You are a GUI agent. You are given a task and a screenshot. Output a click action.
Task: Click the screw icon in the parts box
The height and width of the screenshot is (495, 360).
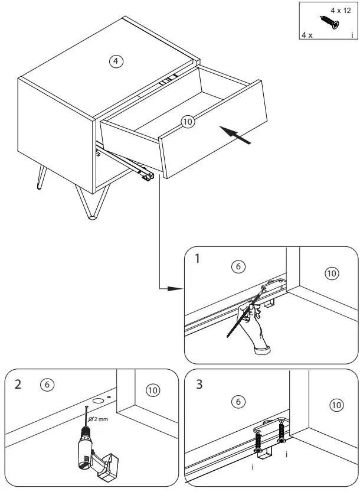pyautogui.click(x=328, y=22)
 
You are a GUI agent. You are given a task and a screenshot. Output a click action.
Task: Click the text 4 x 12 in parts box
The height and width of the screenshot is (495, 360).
pyautogui.click(x=340, y=11)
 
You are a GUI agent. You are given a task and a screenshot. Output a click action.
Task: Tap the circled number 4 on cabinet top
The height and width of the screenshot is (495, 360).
pyautogui.click(x=117, y=61)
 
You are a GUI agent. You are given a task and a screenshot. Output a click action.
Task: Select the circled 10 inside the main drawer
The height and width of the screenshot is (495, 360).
pyautogui.click(x=188, y=122)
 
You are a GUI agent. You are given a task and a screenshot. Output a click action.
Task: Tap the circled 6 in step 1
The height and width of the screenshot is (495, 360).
pyautogui.click(x=238, y=267)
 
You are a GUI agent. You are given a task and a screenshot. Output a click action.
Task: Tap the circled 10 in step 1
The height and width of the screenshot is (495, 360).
pyautogui.click(x=332, y=273)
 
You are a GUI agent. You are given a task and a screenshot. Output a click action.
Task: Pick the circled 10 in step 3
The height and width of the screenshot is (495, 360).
pyautogui.click(x=335, y=405)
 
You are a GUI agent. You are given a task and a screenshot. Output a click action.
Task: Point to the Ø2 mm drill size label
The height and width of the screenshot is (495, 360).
pyautogui.click(x=98, y=419)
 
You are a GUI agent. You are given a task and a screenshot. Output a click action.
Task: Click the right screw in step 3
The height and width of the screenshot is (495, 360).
pyautogui.click(x=282, y=429)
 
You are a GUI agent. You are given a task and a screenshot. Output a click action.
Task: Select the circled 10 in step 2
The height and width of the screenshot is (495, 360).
pyautogui.click(x=152, y=390)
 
